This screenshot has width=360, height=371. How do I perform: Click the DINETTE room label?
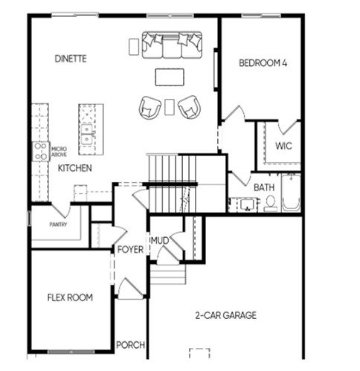[71, 59]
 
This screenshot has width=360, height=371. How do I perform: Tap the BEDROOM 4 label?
[263, 63]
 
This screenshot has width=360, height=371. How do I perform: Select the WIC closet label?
[283, 146]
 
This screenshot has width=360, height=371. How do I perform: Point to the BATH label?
[264, 187]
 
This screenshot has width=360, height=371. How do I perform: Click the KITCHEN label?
[74, 168]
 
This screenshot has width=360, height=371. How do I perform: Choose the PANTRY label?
[58, 225]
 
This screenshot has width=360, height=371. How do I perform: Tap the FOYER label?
[130, 250]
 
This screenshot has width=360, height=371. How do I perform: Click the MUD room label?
[160, 240]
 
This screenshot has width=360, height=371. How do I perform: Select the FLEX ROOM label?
[70, 297]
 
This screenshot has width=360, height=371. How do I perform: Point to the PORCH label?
[130, 345]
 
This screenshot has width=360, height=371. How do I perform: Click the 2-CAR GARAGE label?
[226, 315]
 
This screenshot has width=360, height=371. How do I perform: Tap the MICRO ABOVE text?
[59, 152]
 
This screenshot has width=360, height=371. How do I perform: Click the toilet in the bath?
[271, 204]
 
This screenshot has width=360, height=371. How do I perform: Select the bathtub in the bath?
[291, 193]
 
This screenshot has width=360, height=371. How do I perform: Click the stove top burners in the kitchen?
[41, 152]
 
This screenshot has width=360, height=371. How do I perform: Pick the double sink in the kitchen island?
[87, 135]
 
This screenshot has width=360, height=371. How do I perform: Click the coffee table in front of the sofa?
[170, 77]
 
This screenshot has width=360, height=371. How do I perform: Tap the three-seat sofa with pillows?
[172, 45]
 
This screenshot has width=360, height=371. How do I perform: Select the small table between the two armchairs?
[170, 107]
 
